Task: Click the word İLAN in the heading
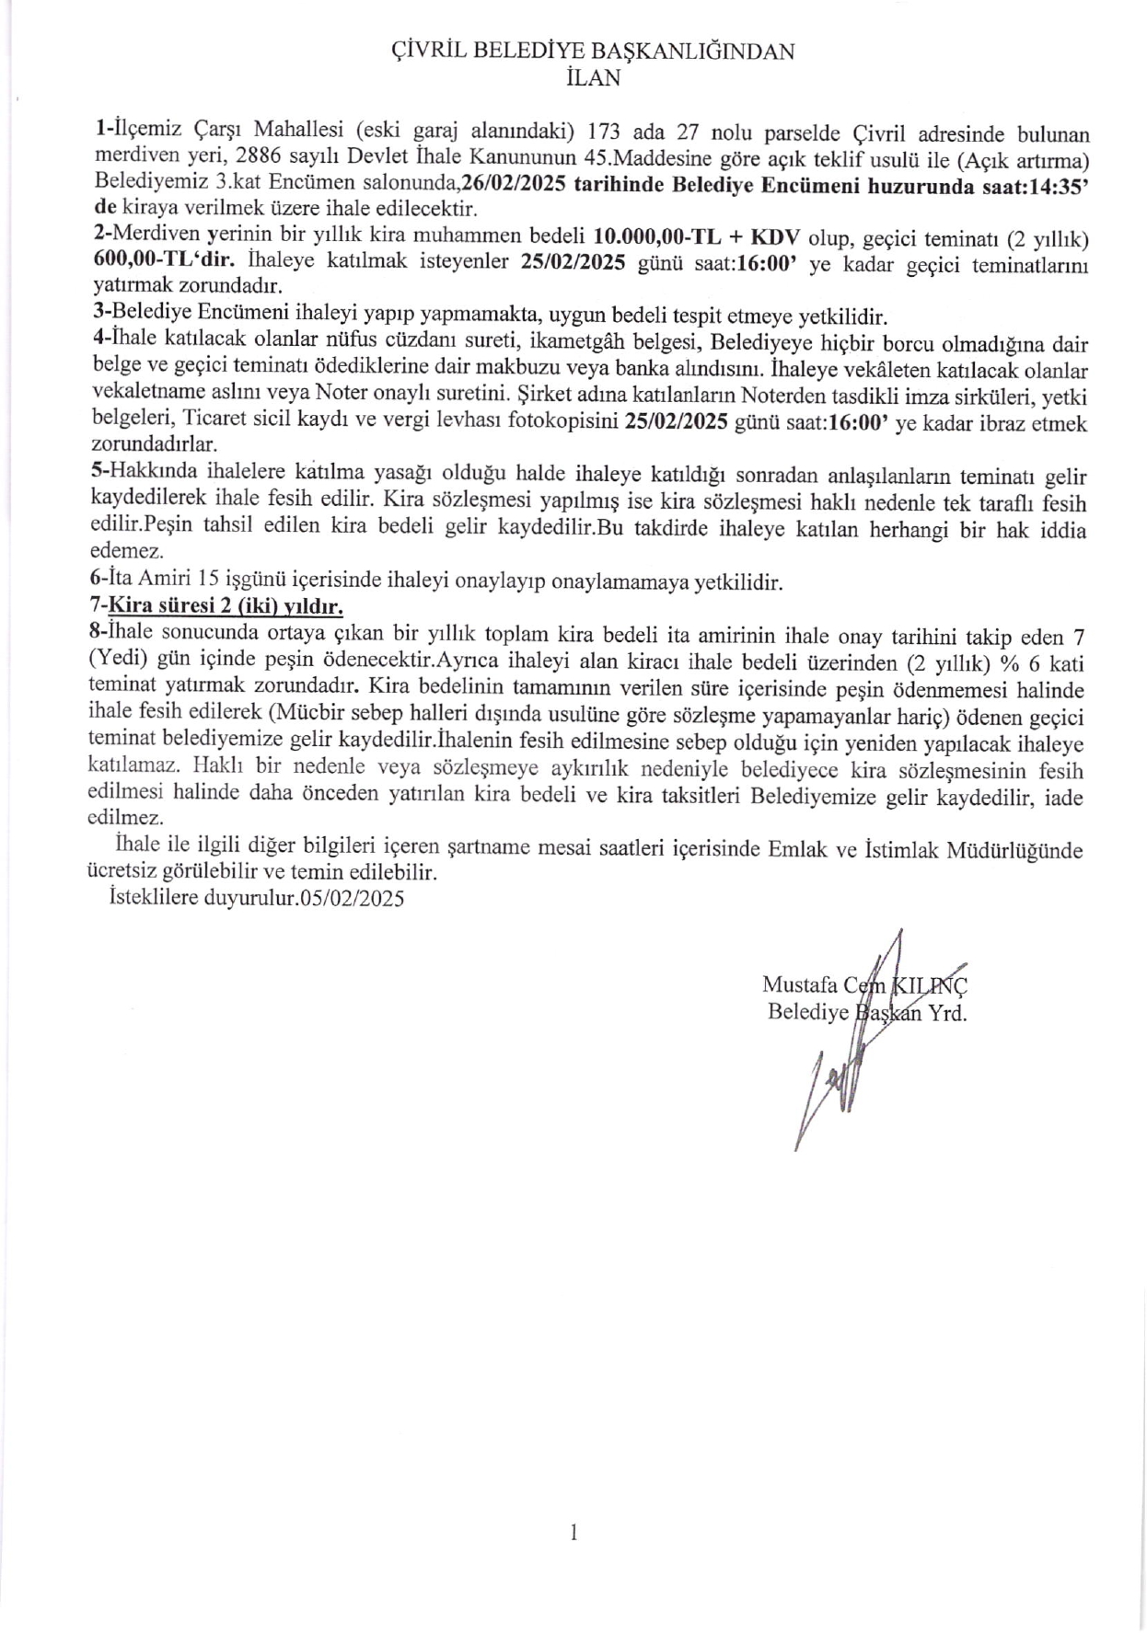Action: pos(593,78)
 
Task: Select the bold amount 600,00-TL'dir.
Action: pos(163,261)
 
